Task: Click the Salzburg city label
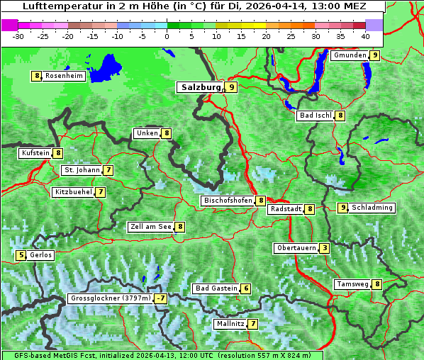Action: (x=201, y=87)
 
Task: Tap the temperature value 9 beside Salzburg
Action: (x=232, y=87)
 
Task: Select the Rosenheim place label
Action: (x=64, y=76)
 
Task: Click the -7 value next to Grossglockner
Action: (x=161, y=298)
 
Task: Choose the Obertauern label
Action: (x=296, y=248)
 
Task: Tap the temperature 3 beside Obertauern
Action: (x=324, y=248)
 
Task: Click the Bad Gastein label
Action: (x=216, y=288)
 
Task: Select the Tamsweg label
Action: (x=353, y=284)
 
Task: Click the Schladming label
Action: (x=372, y=208)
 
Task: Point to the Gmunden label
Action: (x=350, y=55)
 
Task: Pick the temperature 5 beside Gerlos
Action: (x=21, y=255)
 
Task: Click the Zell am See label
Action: (x=151, y=227)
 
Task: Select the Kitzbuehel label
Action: (x=73, y=192)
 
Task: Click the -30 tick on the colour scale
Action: (x=18, y=36)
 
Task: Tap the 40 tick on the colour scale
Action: (x=365, y=36)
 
